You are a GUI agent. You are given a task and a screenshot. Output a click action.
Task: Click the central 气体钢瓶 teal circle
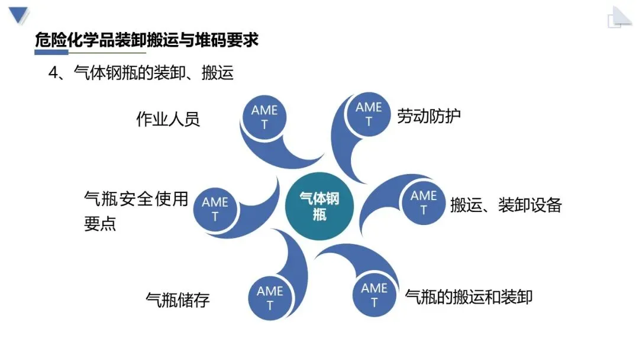319,205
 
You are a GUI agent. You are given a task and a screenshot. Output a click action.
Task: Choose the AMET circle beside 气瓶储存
270,298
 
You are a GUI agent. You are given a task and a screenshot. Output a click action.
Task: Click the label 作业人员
168,119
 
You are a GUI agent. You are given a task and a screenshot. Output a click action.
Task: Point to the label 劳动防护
429,115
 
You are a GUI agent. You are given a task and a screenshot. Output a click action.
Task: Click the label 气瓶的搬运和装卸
469,296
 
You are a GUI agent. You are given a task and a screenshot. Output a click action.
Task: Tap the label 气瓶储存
177,300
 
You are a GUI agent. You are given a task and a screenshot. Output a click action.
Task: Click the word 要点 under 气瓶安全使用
100,224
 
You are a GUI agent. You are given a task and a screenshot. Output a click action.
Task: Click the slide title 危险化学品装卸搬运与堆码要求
147,41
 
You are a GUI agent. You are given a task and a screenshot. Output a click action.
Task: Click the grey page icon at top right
619,17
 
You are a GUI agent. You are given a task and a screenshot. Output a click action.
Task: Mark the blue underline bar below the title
60,53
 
